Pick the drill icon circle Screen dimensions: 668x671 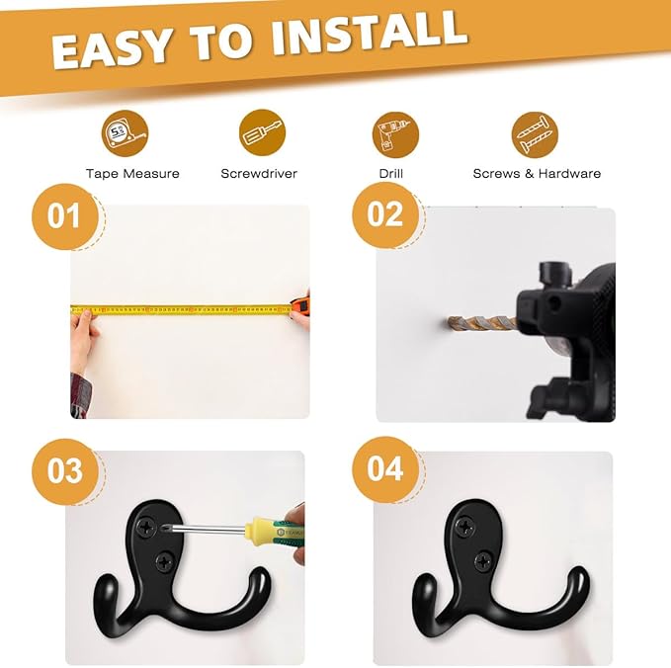click(395, 133)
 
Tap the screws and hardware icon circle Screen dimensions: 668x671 click(535, 133)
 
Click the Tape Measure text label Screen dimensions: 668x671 click(132, 174)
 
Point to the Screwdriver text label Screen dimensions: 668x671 click(259, 174)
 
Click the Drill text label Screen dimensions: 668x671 click(391, 174)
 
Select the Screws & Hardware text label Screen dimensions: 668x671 click(537, 174)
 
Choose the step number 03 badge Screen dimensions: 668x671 click(65, 470)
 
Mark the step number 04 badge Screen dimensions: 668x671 click(385, 468)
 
